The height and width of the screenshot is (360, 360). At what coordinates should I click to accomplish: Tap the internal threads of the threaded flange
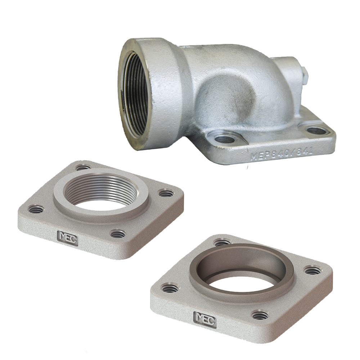(x=97, y=187)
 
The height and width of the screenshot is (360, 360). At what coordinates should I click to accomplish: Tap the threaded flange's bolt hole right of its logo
(x=118, y=234)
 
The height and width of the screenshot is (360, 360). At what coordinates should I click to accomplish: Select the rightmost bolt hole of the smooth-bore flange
(x=312, y=270)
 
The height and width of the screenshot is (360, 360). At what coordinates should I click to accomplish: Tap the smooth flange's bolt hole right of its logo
(x=260, y=315)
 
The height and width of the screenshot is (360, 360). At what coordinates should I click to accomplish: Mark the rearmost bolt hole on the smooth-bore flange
(x=221, y=242)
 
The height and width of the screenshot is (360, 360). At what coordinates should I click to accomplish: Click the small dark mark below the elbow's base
(x=247, y=167)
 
